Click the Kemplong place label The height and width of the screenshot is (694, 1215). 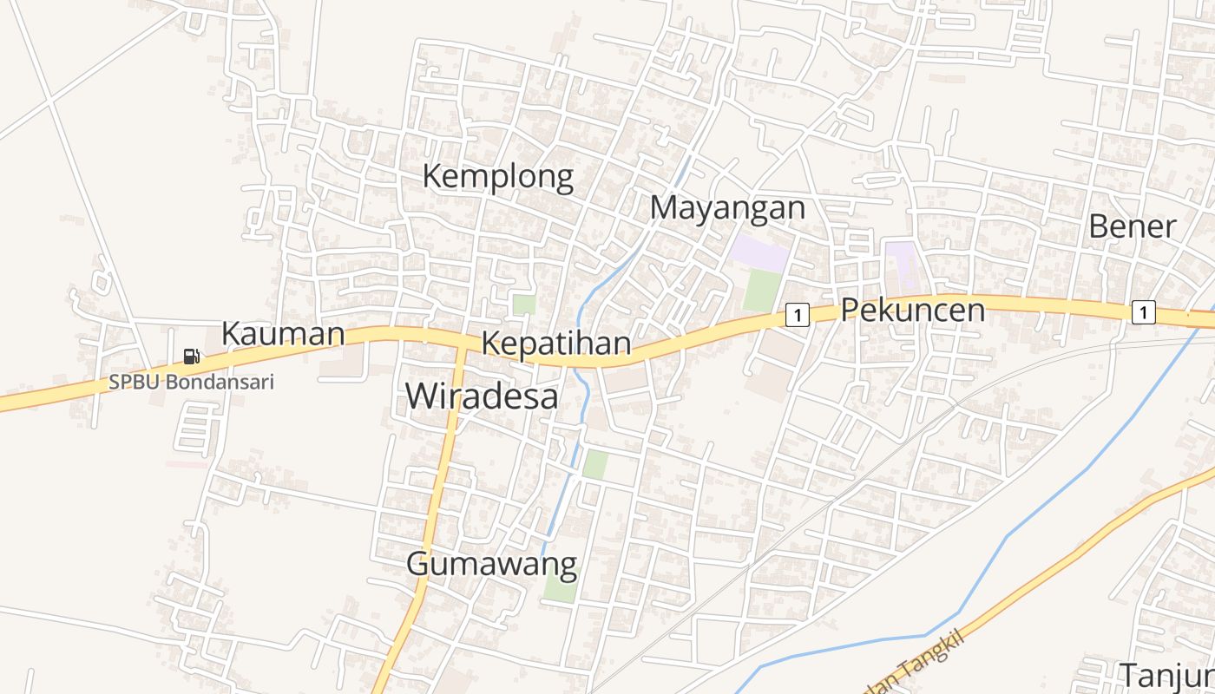tap(497, 177)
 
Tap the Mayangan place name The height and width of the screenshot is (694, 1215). tap(727, 208)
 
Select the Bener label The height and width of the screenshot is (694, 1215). tap(1132, 226)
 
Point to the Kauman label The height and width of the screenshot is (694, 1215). tap(283, 334)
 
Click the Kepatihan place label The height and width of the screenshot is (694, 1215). tap(555, 344)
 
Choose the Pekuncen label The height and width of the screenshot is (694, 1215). tap(913, 310)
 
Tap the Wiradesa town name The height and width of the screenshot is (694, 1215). tap(482, 396)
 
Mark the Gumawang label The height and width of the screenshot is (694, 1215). tap(491, 565)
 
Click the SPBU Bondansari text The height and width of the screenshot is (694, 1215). tap(191, 383)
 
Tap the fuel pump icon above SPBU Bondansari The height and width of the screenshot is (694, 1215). tap(191, 356)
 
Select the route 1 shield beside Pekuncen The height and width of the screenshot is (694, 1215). tap(797, 315)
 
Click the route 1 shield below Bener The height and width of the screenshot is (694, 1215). tap(1143, 312)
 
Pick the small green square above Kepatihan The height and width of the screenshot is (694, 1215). tap(523, 304)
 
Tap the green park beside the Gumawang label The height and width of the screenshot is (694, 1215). tap(560, 590)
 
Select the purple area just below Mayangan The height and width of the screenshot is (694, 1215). tap(759, 252)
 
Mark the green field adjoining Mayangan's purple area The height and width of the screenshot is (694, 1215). tap(762, 290)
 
